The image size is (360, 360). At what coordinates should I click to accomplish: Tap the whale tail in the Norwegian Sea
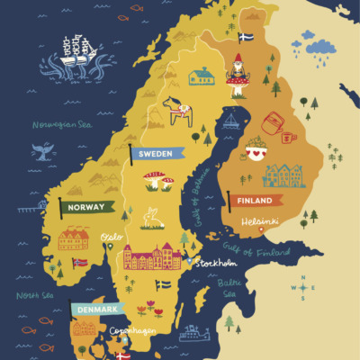point(41,152)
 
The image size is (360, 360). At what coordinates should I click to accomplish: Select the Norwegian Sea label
point(61,125)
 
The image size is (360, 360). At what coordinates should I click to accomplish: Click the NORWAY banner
point(86,207)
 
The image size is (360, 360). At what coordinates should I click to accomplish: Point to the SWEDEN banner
point(158,154)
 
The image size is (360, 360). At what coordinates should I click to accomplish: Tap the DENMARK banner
point(96,309)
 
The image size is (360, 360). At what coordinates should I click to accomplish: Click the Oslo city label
point(112,238)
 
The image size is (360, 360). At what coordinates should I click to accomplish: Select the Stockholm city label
point(216,263)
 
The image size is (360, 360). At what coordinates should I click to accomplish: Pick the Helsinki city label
point(259,220)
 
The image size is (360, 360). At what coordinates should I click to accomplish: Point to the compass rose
point(305,289)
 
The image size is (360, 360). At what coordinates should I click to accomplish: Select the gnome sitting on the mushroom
point(238,74)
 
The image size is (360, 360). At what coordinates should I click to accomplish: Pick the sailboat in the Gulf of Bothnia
point(231,121)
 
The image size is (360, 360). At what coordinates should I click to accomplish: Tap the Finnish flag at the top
point(245,37)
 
